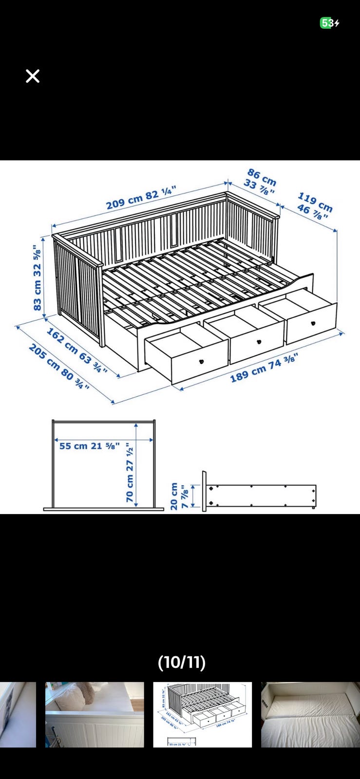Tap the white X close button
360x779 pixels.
(x=33, y=76)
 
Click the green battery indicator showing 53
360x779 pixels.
(x=326, y=23)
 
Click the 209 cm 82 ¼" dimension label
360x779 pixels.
(x=141, y=198)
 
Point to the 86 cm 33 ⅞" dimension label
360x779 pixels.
(x=261, y=182)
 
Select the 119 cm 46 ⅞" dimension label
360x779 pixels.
(x=315, y=206)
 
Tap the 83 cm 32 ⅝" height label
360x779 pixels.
(x=37, y=278)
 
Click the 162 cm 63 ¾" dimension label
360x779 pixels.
(x=77, y=351)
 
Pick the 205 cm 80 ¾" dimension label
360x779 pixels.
(x=59, y=366)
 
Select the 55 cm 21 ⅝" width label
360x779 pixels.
(x=90, y=446)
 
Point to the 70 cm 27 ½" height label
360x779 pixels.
(x=130, y=472)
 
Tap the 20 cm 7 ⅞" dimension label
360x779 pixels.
(x=179, y=496)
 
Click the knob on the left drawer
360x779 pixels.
(x=201, y=362)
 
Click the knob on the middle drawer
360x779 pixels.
(x=259, y=342)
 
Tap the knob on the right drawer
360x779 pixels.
(x=313, y=323)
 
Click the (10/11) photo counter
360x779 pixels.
(x=182, y=663)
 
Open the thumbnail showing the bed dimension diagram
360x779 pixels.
(x=203, y=715)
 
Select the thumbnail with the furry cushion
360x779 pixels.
(x=95, y=715)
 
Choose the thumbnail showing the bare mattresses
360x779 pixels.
(x=311, y=715)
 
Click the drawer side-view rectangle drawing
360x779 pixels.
(x=260, y=495)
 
